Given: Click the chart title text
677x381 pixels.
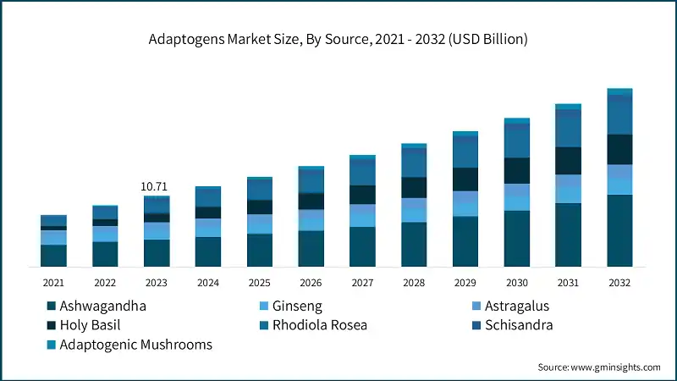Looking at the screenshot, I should pos(338,39).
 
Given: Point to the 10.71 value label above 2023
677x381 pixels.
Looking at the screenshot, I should pos(157,186).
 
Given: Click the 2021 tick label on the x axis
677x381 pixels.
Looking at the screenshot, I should pos(53,283).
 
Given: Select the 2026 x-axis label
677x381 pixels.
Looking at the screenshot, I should pos(311,283).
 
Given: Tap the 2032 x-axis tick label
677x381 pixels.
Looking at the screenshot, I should pos(620,283).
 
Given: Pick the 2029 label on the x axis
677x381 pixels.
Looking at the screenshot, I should pos(465,283).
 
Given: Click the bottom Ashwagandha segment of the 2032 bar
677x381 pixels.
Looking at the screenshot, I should pos(620,231).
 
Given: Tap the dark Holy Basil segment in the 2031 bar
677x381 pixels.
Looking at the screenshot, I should pos(569,161).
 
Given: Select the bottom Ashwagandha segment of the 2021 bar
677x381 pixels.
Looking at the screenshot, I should pos(53,256).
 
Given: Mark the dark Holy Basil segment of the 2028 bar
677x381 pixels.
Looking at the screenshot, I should pos(414,187).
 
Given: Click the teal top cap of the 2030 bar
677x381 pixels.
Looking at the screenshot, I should pos(517,121).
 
